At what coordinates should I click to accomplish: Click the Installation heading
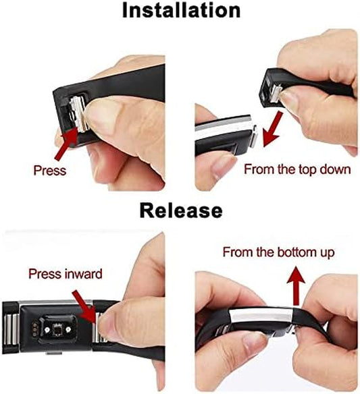point(181,11)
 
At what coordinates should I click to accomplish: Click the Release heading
point(181,210)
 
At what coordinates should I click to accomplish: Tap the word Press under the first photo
point(50,171)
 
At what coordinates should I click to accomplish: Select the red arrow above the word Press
point(66,144)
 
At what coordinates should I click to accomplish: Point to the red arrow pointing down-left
point(272,130)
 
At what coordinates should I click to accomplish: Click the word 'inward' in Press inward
point(84,274)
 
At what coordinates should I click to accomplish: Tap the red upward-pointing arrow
point(296,286)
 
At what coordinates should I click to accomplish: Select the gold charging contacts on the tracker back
point(34,328)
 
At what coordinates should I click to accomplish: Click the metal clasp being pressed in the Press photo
point(78,113)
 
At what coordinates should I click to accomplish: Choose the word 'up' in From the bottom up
point(328,253)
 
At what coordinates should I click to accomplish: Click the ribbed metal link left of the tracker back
point(11,328)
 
